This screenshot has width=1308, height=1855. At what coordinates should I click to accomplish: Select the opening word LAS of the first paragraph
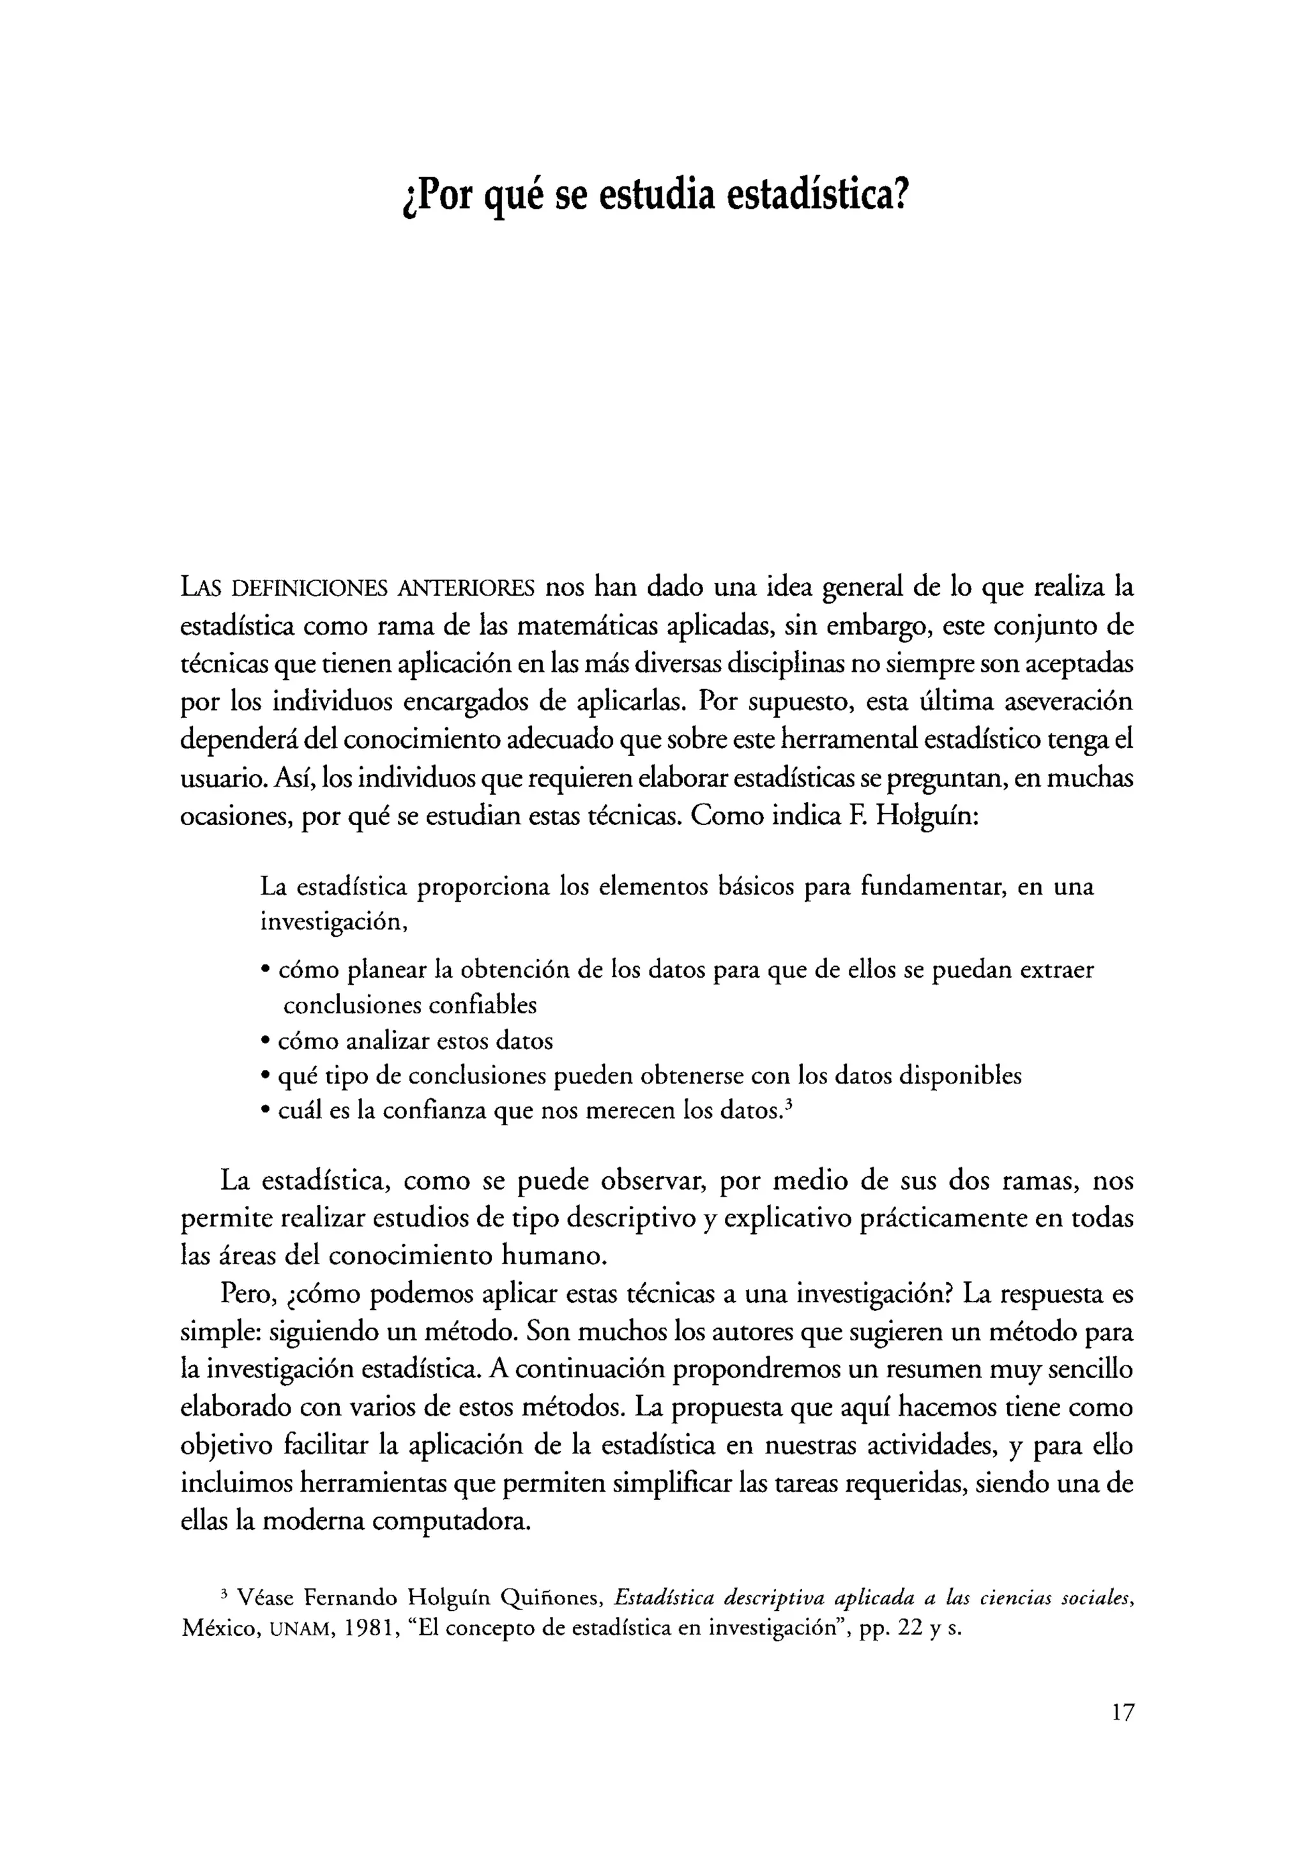pos(201,587)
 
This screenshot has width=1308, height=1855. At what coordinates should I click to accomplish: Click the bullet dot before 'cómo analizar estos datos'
pos(265,1041)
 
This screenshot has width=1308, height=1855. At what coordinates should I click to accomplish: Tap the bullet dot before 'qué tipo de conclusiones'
pos(265,1077)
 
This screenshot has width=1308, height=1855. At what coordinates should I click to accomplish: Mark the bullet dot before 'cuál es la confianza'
pos(265,1112)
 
